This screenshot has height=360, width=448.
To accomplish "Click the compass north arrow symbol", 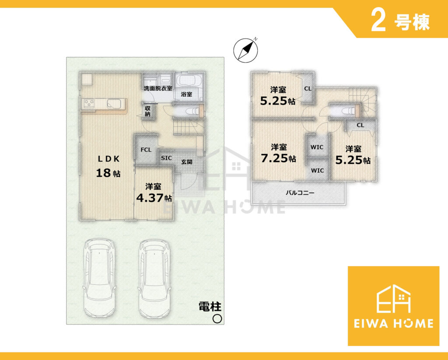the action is [x=246, y=50].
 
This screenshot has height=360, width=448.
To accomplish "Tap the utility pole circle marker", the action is [x=217, y=318].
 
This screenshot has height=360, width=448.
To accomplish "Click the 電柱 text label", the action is [x=210, y=307].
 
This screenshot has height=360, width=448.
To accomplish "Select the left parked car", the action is [x=99, y=277].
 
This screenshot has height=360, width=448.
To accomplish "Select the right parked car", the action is [x=154, y=277].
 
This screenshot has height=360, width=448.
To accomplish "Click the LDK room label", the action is [x=108, y=159].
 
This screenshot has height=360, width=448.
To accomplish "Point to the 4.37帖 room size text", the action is [x=154, y=198].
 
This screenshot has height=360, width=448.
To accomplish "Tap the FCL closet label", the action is [x=146, y=150].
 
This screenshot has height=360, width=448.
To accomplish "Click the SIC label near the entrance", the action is [x=166, y=158].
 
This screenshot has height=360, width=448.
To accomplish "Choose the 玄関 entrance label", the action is [x=187, y=162].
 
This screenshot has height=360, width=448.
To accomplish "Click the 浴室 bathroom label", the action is [x=186, y=94].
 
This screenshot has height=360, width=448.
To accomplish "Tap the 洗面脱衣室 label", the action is [x=157, y=88].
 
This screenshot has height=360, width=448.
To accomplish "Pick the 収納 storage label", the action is [x=148, y=111].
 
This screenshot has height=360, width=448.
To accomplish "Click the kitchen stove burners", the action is [x=89, y=103].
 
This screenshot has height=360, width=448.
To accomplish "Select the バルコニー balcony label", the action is [x=300, y=193].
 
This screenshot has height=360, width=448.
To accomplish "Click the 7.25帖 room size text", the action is [x=278, y=158].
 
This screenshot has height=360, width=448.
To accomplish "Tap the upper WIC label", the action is [x=317, y=147].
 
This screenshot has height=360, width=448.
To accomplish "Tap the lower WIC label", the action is [x=317, y=171].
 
